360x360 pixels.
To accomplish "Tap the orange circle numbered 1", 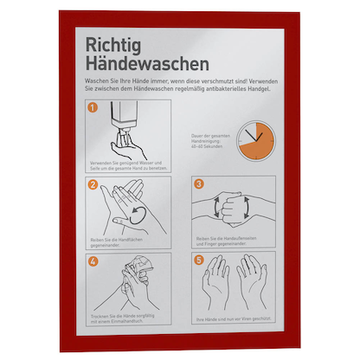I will (x=94, y=110).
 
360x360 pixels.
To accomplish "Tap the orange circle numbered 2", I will (x=94, y=184).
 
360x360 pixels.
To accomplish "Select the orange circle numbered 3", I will (x=198, y=184).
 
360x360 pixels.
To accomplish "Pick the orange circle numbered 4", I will (x=94, y=260).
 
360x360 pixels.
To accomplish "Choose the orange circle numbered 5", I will (x=198, y=260).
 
